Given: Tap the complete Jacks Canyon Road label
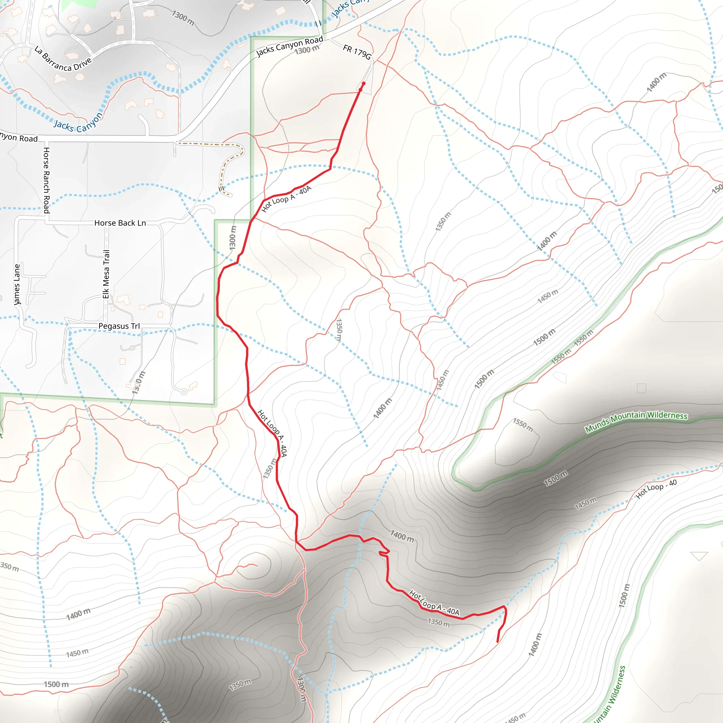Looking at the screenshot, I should (x=289, y=46).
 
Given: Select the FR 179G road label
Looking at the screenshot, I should (x=357, y=52).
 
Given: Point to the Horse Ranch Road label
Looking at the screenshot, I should (x=46, y=180).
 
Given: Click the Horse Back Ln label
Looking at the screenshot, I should (x=120, y=223).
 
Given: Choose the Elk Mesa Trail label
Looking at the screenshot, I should (x=106, y=274).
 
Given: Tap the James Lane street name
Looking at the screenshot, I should (x=17, y=285).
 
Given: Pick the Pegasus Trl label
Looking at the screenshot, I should (x=119, y=326).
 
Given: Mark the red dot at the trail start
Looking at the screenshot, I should (x=363, y=84).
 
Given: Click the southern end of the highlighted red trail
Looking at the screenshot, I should (x=497, y=642).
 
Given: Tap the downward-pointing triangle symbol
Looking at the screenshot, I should (x=699, y=556).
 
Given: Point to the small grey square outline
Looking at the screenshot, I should (x=641, y=388).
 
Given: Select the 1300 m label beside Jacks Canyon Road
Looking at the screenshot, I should (x=307, y=49).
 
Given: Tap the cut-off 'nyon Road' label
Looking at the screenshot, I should (x=19, y=137).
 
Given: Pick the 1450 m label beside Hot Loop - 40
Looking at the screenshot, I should (x=586, y=503).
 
